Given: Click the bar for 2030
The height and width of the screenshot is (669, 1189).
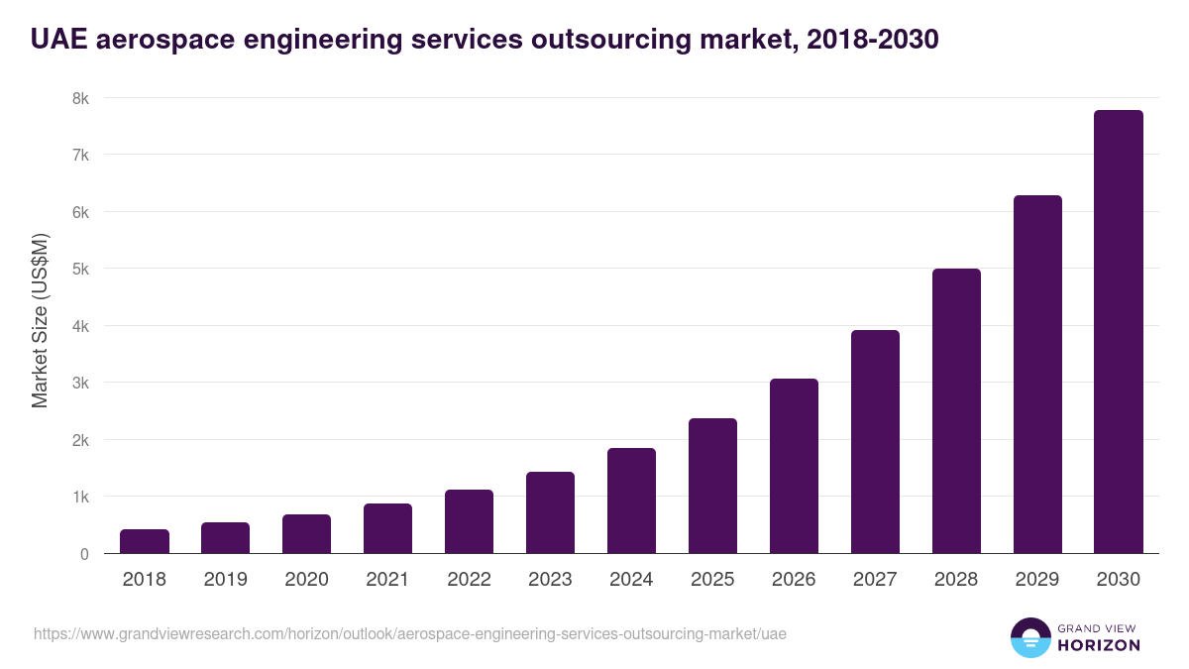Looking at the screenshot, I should click(1119, 332).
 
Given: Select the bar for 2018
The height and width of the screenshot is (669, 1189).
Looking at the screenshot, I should click(145, 541).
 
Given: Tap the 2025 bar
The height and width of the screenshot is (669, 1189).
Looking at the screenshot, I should click(712, 486).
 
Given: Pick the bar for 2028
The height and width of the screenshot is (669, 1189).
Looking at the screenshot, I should click(956, 411).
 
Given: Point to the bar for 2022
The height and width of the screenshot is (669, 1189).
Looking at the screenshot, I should click(469, 521).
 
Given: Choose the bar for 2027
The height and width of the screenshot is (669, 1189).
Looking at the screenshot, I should click(875, 442).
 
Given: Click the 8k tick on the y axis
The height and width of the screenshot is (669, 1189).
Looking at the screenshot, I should click(79, 98).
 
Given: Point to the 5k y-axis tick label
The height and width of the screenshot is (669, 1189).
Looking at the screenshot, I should click(79, 269).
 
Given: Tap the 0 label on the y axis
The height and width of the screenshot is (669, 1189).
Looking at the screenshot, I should click(83, 554).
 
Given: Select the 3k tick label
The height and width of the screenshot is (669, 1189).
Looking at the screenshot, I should click(79, 383).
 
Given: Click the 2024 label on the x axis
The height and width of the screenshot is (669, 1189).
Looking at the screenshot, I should click(631, 580).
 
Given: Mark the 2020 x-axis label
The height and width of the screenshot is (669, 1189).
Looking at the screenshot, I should click(306, 580).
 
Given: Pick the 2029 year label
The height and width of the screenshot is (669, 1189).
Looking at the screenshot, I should click(1037, 580).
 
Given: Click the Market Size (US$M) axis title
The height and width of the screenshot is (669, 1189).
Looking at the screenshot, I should click(40, 320).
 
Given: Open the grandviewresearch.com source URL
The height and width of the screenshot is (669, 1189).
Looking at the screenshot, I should click(409, 633).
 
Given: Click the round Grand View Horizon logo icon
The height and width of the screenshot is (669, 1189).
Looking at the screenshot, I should click(1029, 637).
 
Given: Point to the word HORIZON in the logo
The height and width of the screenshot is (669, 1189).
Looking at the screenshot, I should click(1098, 645).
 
